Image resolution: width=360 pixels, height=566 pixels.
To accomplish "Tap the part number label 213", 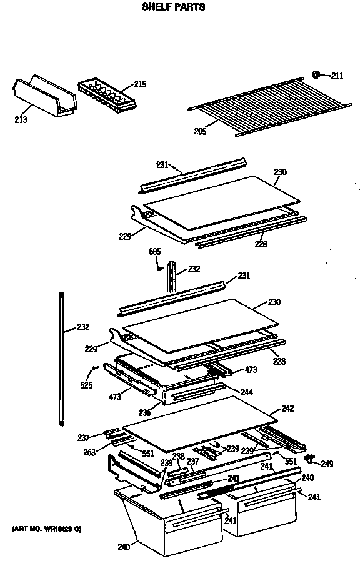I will (21, 120).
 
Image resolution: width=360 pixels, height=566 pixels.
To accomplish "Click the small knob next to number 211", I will (316, 75).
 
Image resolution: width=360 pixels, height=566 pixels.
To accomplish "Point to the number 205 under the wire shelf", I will (200, 131).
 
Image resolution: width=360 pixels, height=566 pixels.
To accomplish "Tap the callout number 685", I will (155, 251).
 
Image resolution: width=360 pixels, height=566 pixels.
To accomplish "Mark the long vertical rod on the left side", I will (61, 359).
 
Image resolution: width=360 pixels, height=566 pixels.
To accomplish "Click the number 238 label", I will (178, 456).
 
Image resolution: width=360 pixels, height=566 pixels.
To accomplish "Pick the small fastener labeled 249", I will (308, 459).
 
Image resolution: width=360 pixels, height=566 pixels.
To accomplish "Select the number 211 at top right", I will (337, 76).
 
